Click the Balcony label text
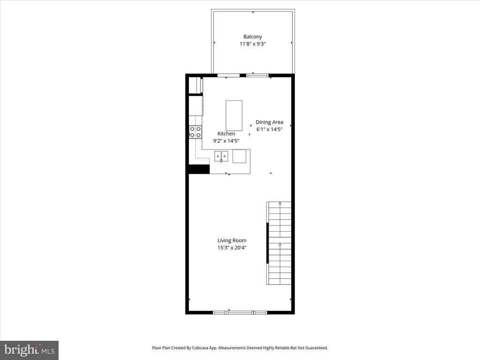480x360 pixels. click(x=252, y=37)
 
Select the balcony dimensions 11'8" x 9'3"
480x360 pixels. click(x=253, y=44)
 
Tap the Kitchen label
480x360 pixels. click(x=226, y=134)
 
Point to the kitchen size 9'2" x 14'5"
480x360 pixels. click(x=226, y=141)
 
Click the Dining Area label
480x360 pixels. click(x=269, y=122)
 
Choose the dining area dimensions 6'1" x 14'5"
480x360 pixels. click(x=269, y=129)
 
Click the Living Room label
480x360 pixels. click(x=232, y=240)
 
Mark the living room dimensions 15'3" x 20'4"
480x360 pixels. click(x=232, y=247)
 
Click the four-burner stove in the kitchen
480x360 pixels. click(x=195, y=132)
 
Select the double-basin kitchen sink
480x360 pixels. click(x=221, y=156)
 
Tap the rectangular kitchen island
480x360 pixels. click(x=234, y=115)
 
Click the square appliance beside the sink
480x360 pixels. click(x=239, y=156)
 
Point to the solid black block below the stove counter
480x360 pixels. click(x=199, y=169)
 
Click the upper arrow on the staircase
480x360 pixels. click(x=280, y=203)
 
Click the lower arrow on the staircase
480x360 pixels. click(x=280, y=245)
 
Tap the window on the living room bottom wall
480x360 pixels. click(x=240, y=312)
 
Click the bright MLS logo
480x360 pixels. click(x=29, y=350)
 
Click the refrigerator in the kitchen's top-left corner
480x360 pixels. click(x=195, y=86)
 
